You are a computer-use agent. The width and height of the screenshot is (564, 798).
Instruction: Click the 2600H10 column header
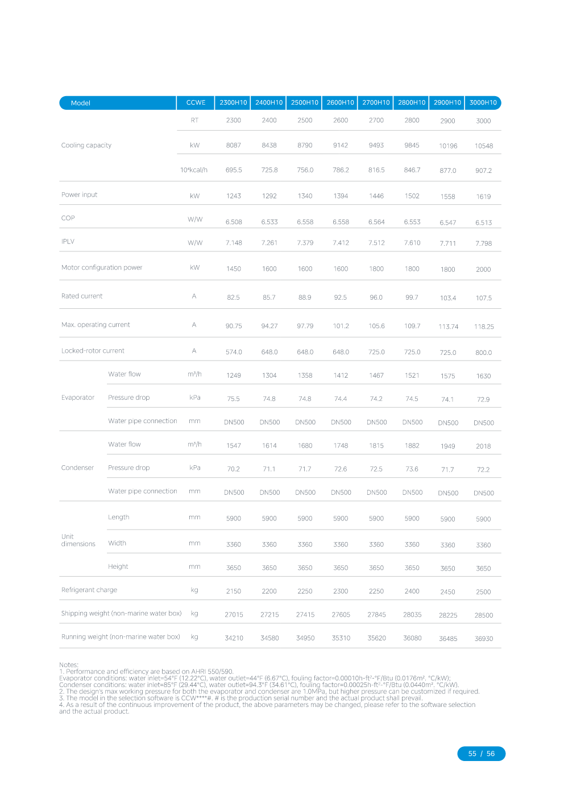click(x=340, y=102)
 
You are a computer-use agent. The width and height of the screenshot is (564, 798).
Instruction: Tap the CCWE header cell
click(x=196, y=102)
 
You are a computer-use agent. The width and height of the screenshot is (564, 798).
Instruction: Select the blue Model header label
click(x=81, y=103)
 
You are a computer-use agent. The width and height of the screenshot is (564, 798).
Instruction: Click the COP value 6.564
click(x=376, y=222)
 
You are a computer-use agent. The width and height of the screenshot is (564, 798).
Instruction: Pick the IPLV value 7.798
click(x=483, y=243)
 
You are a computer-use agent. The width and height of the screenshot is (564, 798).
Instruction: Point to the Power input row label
click(x=80, y=195)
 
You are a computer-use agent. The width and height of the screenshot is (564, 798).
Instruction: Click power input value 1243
click(x=234, y=196)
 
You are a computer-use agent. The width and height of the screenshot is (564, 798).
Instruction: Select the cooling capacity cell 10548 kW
click(x=484, y=146)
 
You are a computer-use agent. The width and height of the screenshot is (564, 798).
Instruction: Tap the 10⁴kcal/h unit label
click(x=194, y=169)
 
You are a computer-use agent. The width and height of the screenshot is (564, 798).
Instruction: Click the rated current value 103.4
click(x=448, y=298)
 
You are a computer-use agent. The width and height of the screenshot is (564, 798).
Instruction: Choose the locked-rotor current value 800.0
click(x=483, y=353)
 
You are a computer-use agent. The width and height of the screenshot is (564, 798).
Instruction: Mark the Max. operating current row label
click(x=96, y=325)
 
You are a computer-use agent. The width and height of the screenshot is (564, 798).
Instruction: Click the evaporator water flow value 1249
click(x=234, y=375)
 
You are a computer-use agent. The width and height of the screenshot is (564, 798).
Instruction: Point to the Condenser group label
click(x=77, y=468)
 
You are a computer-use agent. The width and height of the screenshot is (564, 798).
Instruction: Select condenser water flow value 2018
click(x=483, y=446)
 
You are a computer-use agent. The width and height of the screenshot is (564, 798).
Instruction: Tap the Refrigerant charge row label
click(x=89, y=590)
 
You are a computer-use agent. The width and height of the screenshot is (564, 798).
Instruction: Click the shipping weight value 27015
click(x=234, y=614)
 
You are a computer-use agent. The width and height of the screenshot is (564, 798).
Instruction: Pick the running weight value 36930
click(x=484, y=639)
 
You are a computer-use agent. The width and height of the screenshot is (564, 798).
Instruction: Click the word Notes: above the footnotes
click(x=69, y=664)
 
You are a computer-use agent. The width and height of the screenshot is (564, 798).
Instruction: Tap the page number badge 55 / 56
click(x=481, y=754)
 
